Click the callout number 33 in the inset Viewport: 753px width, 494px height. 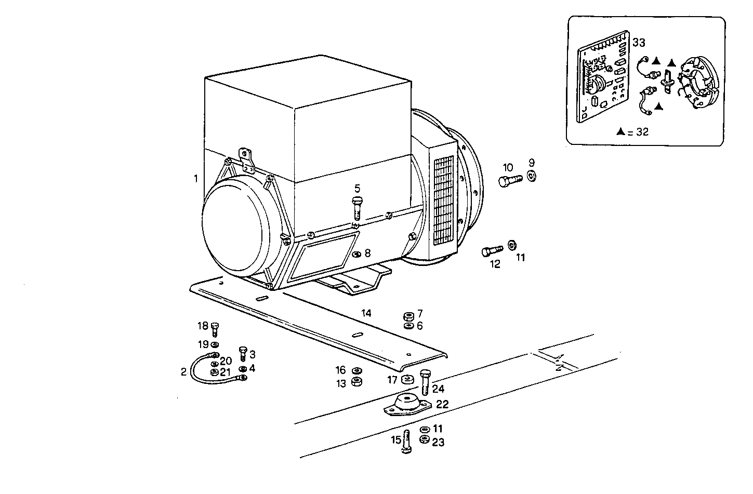tap(639, 43)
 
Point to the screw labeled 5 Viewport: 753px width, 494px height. tap(357, 207)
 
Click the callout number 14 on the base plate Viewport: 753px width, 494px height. tap(367, 313)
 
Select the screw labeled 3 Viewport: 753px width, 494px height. tap(242, 354)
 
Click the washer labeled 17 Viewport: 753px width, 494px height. tap(407, 379)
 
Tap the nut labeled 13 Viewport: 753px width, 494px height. tap(357, 382)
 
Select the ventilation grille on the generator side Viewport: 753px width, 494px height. tap(444, 200)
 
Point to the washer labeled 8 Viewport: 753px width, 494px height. tap(356, 254)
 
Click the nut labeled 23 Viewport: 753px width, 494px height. tap(424, 440)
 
